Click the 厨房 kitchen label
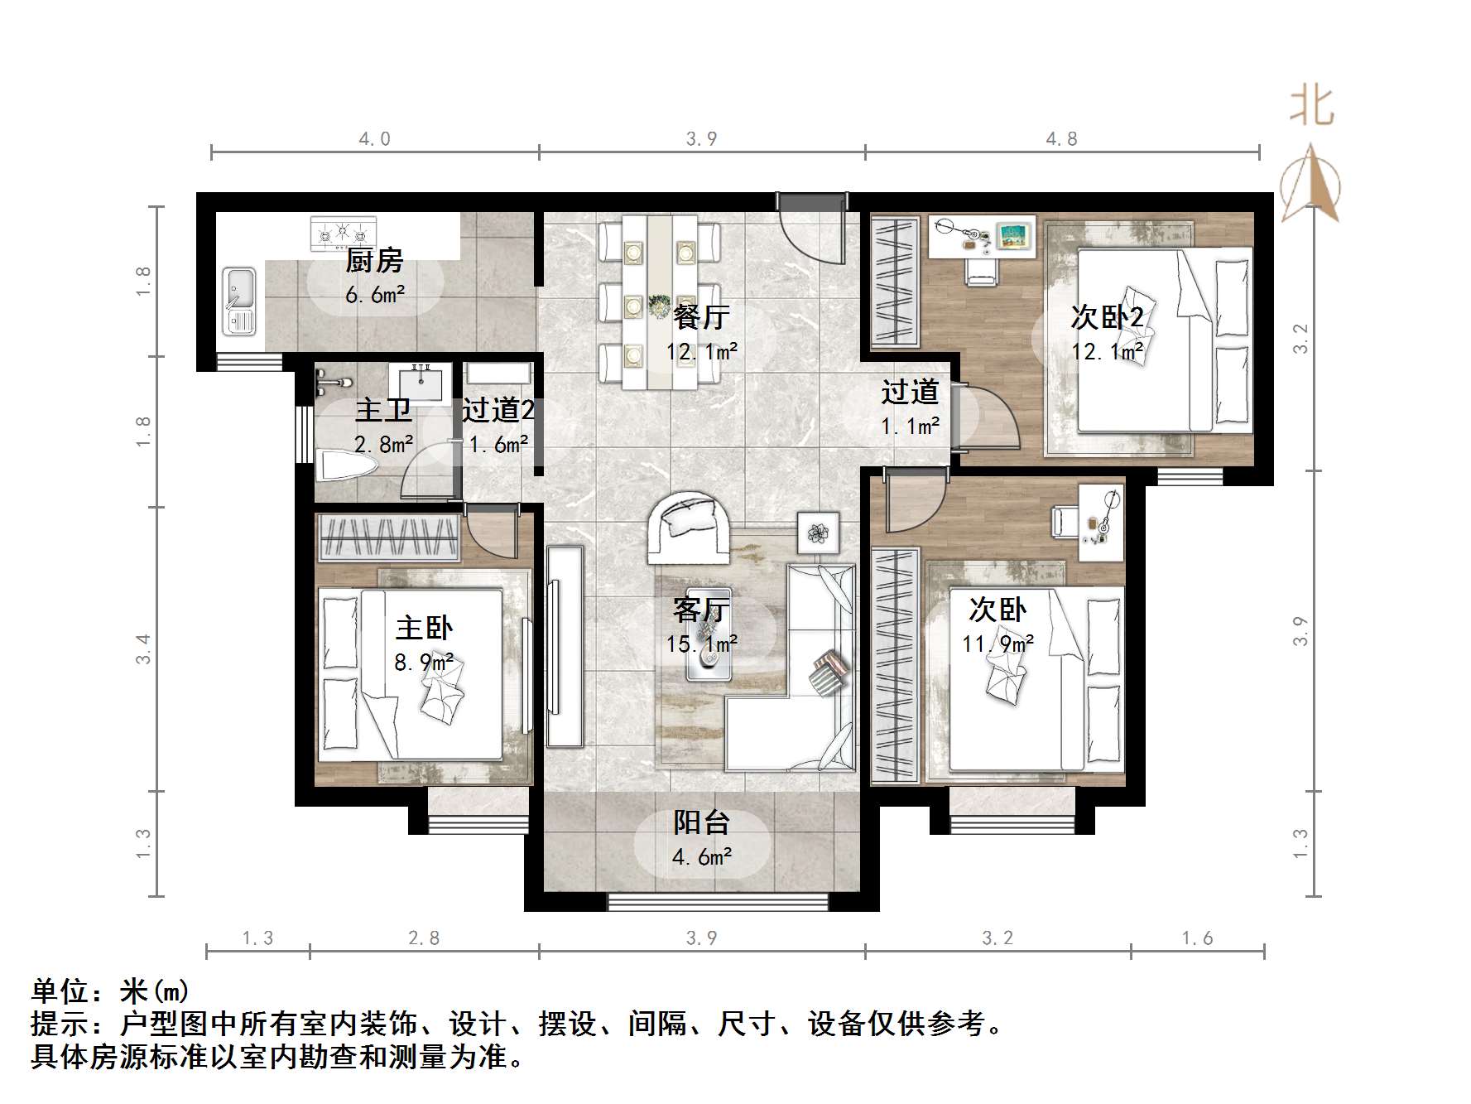click(x=374, y=261)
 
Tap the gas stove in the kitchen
click(x=343, y=234)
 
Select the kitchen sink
click(x=240, y=301)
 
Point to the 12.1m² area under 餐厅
click(x=702, y=352)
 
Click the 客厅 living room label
click(x=701, y=610)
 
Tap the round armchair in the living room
click(x=689, y=527)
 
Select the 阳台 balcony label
click(x=701, y=822)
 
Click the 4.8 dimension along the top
click(x=1061, y=139)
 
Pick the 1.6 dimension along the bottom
click(x=1197, y=938)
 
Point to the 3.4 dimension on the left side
click(x=144, y=648)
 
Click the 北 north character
click(x=1311, y=106)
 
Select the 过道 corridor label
click(x=910, y=392)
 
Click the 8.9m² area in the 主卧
click(x=424, y=663)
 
